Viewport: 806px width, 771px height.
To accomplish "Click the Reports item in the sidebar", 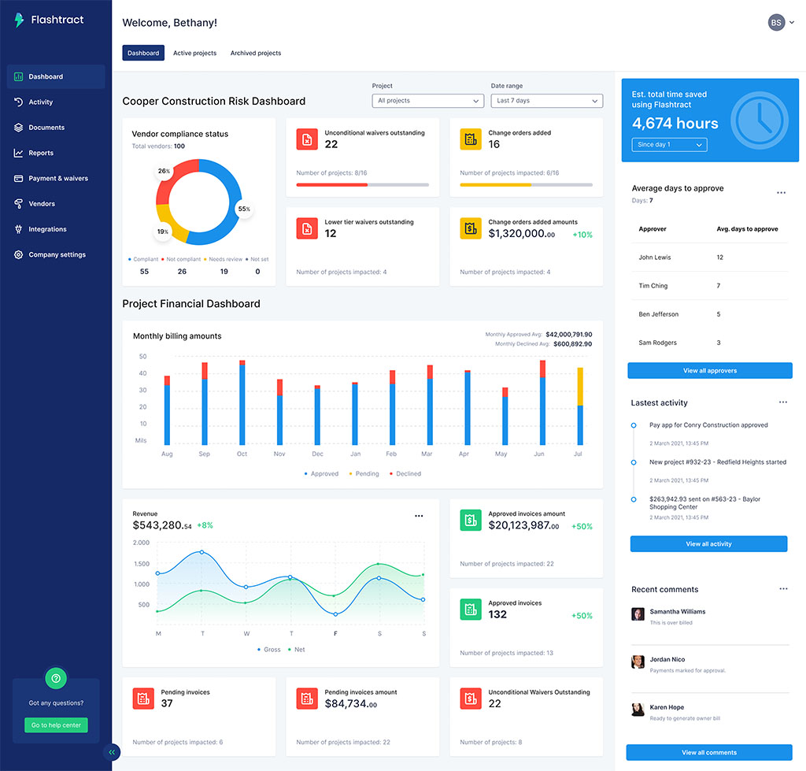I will click(x=41, y=153).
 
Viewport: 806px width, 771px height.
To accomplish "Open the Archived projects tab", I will click(x=255, y=54).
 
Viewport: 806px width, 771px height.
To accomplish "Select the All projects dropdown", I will click(x=428, y=101).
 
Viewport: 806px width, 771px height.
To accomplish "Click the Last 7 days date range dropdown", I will click(x=547, y=101).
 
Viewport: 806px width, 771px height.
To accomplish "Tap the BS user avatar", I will click(x=776, y=23).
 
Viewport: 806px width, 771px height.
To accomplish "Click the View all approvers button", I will click(x=709, y=371).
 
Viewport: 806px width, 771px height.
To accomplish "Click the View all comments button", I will click(x=709, y=752).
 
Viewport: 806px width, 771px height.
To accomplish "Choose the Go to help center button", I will click(x=56, y=725).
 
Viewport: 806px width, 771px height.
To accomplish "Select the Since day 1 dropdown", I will click(x=669, y=145).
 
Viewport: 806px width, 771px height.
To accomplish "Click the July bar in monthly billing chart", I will click(x=580, y=406).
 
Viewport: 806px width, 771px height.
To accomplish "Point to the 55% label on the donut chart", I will click(x=244, y=209).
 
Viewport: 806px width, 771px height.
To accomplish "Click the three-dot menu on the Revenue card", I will click(x=419, y=517).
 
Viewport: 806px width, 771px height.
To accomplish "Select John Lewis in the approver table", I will click(x=655, y=258).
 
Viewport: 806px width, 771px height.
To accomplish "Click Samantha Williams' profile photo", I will click(x=638, y=614).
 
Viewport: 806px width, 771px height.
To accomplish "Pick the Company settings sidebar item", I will click(x=57, y=255).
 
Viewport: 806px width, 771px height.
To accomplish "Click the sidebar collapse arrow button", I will click(x=112, y=752).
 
